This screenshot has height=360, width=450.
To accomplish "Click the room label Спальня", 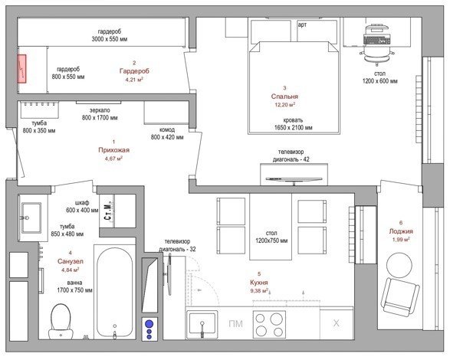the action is [x=284, y=97].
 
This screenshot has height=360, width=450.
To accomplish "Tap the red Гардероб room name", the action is [x=134, y=71].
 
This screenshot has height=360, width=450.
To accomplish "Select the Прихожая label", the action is [x=114, y=149].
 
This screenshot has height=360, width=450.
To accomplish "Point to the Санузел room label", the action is [x=71, y=261].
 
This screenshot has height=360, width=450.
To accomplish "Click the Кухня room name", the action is [x=259, y=283].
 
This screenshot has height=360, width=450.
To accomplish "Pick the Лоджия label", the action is [x=401, y=231].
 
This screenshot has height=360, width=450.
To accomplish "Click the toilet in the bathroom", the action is [x=61, y=322].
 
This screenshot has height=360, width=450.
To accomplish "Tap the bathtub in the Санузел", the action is [x=115, y=293].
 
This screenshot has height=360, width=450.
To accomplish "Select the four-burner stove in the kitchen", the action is [x=269, y=323].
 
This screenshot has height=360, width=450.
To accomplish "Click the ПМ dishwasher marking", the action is [x=235, y=324].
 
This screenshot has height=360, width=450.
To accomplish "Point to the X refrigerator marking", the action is [x=336, y=323].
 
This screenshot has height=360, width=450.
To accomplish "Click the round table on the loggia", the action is [x=399, y=264].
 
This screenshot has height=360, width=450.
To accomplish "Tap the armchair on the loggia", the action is [x=400, y=296].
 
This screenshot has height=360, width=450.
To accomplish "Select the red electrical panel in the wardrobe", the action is [x=21, y=69].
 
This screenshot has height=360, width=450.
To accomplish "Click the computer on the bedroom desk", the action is [x=377, y=34].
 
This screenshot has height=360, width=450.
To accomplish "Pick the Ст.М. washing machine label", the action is [x=107, y=211].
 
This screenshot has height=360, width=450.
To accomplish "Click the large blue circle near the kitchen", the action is [x=149, y=324].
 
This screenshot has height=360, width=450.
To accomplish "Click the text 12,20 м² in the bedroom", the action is [x=284, y=105].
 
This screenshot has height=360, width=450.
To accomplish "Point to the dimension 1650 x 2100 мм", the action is [x=294, y=128].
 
